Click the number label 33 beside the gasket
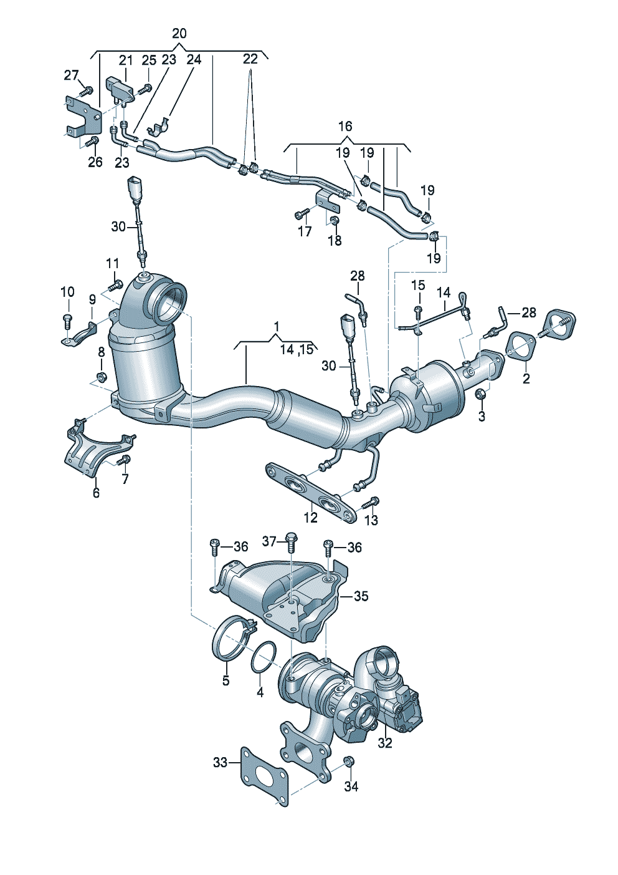click(x=221, y=762)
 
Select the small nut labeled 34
click(x=349, y=761)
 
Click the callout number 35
click(x=361, y=596)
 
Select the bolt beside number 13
click(x=373, y=501)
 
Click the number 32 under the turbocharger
click(x=385, y=743)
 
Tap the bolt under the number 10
click(x=67, y=322)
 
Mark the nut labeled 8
click(x=101, y=377)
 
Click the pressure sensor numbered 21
click(x=120, y=89)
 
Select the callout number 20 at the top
click(x=179, y=33)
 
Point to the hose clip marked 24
click(x=159, y=125)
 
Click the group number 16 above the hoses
click(x=345, y=127)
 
